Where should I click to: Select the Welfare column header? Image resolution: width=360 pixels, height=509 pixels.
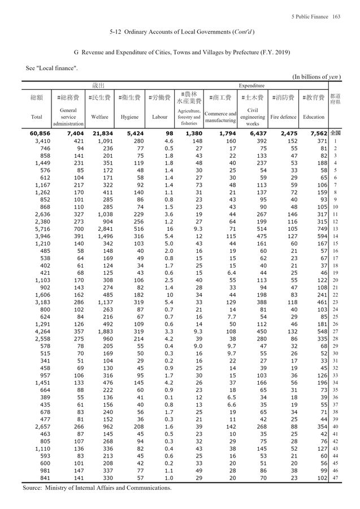[99, 117]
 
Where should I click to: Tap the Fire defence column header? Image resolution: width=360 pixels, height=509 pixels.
[283, 117]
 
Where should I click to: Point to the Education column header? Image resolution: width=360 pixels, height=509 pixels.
[313, 117]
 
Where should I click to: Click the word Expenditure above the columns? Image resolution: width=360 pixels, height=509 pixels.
[251, 85]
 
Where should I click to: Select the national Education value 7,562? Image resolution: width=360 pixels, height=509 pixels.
[317, 133]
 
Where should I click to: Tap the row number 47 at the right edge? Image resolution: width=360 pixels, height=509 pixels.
[335, 478]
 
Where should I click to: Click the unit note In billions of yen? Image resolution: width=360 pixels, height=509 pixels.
[316, 77]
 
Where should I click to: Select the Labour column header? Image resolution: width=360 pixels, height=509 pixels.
[160, 117]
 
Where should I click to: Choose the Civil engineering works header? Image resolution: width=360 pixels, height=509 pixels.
[252, 117]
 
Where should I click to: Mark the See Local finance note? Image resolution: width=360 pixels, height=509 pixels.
[51, 68]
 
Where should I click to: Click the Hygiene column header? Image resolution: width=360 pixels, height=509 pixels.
[129, 117]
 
